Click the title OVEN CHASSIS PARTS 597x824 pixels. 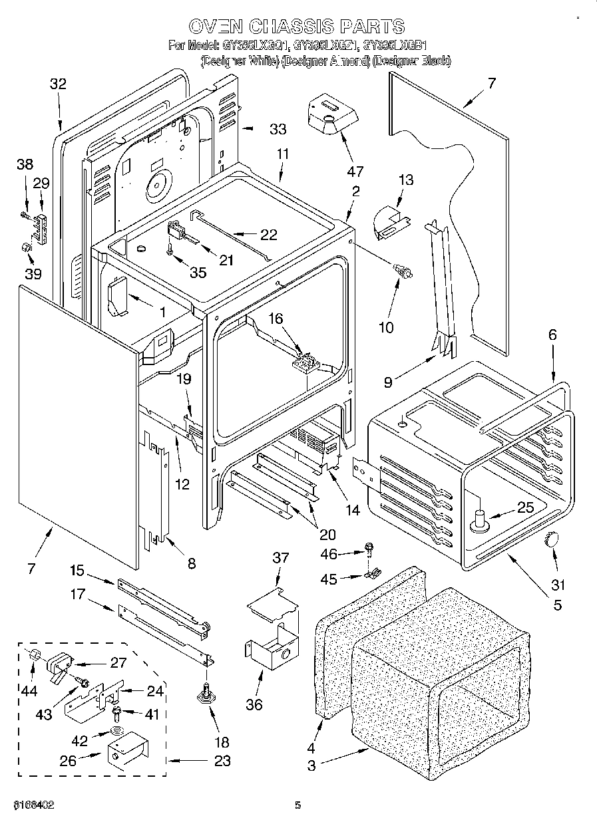click(x=296, y=26)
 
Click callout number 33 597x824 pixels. click(x=278, y=129)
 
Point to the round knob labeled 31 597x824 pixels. click(x=552, y=540)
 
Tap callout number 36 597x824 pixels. click(x=254, y=705)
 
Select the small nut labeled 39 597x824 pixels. click(x=25, y=248)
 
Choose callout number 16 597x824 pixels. click(x=276, y=319)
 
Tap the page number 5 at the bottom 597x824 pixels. click(x=298, y=805)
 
